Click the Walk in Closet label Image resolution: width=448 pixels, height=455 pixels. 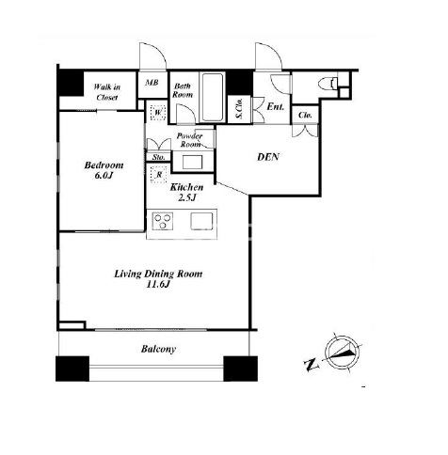click(x=107, y=92)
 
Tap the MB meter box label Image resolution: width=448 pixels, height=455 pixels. click(x=152, y=83)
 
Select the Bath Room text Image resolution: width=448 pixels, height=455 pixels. click(x=183, y=90)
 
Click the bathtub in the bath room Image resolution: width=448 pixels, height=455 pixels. click(x=213, y=97)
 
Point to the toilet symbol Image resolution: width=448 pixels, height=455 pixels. click(x=328, y=85)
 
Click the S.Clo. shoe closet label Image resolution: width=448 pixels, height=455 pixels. click(x=239, y=108)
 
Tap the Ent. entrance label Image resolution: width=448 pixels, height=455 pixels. click(x=276, y=106)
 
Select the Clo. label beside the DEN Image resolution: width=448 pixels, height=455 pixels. click(x=305, y=115)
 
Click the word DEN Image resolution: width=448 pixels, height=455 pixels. click(x=268, y=157)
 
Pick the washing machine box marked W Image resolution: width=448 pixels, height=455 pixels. click(x=158, y=112)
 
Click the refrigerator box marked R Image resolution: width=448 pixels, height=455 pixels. click(x=159, y=175)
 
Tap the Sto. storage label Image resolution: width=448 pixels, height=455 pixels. click(x=159, y=157)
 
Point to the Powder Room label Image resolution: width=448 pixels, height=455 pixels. click(x=189, y=140)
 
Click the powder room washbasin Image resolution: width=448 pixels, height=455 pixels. click(x=193, y=162)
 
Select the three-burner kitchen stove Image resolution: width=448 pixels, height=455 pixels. click(x=163, y=220)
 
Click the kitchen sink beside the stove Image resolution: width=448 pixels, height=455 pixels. click(x=201, y=220)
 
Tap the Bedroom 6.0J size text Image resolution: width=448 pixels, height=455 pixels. click(x=104, y=170)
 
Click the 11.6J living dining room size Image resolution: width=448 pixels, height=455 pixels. click(x=158, y=284)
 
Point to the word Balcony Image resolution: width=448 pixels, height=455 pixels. click(x=158, y=349)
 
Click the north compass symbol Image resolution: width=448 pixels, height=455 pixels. click(x=342, y=353)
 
